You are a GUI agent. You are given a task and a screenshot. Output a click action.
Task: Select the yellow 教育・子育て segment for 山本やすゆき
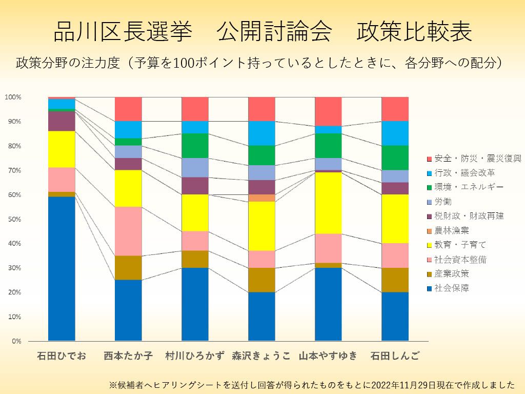[328, 203]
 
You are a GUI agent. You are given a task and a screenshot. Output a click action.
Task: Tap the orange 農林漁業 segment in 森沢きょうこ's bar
[261, 198]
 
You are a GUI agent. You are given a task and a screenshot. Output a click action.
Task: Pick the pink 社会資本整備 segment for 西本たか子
[128, 231]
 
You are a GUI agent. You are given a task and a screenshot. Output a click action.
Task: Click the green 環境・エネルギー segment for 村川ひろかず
[195, 146]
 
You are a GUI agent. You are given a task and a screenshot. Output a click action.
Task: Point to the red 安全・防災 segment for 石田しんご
[395, 109]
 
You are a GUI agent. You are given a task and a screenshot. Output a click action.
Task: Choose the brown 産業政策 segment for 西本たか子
[128, 267]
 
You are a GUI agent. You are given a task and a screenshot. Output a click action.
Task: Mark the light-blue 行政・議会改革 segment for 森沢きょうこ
[261, 133]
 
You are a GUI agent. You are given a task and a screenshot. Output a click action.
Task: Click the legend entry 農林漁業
[451, 231]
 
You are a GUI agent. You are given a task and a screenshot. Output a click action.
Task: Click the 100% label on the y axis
[13, 97]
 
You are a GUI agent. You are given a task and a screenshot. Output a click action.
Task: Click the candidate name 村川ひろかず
[195, 356]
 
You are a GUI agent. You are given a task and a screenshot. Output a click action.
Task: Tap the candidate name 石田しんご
[395, 356]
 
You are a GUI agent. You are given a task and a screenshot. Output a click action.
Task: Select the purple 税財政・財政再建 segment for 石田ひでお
[62, 121]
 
